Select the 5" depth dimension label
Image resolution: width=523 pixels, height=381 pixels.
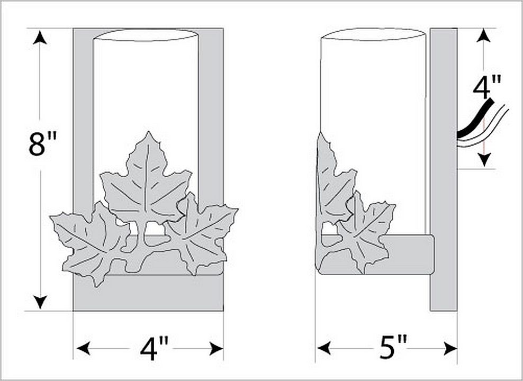[393, 348]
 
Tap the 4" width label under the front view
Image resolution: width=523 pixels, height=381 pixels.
[154, 349]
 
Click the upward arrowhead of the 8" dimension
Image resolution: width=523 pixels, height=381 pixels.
[40, 38]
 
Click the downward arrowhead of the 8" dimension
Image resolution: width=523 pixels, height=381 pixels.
[40, 302]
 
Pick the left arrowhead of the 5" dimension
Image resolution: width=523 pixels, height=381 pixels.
[324, 348]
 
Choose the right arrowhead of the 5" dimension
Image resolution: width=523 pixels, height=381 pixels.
[450, 348]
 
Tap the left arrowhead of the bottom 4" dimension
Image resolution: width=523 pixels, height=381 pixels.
[84, 349]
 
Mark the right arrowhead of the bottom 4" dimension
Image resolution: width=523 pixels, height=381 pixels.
[216, 349]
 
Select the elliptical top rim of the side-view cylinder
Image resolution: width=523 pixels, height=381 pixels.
[373, 34]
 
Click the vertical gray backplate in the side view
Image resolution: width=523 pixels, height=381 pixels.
[443, 169]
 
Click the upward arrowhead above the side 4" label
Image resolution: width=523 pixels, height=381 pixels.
[484, 35]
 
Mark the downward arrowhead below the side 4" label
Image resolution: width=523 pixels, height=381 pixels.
[484, 160]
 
